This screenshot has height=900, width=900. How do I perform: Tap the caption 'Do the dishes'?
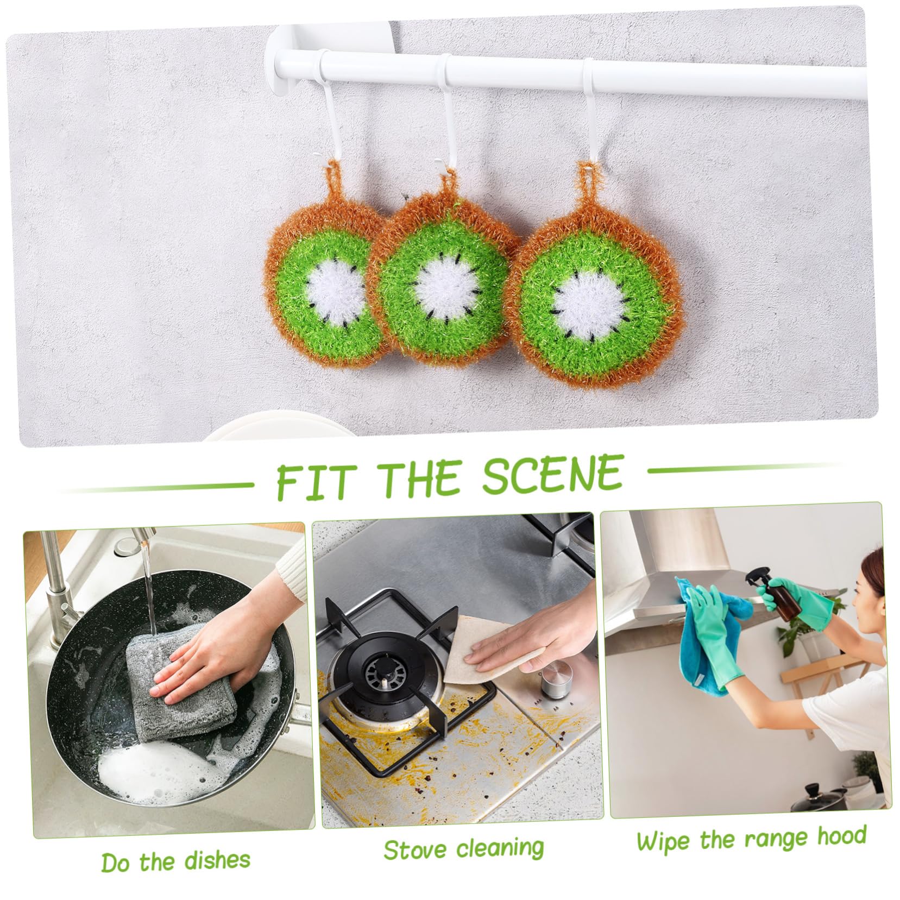pos(176,861)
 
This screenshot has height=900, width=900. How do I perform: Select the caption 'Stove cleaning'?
pos(463,849)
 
